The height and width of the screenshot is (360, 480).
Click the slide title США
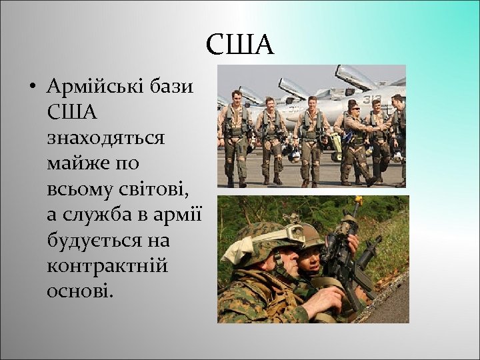pos(239,45)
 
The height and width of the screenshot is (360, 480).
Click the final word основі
pos(80,291)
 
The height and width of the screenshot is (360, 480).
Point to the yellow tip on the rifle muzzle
pos(358,199)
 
